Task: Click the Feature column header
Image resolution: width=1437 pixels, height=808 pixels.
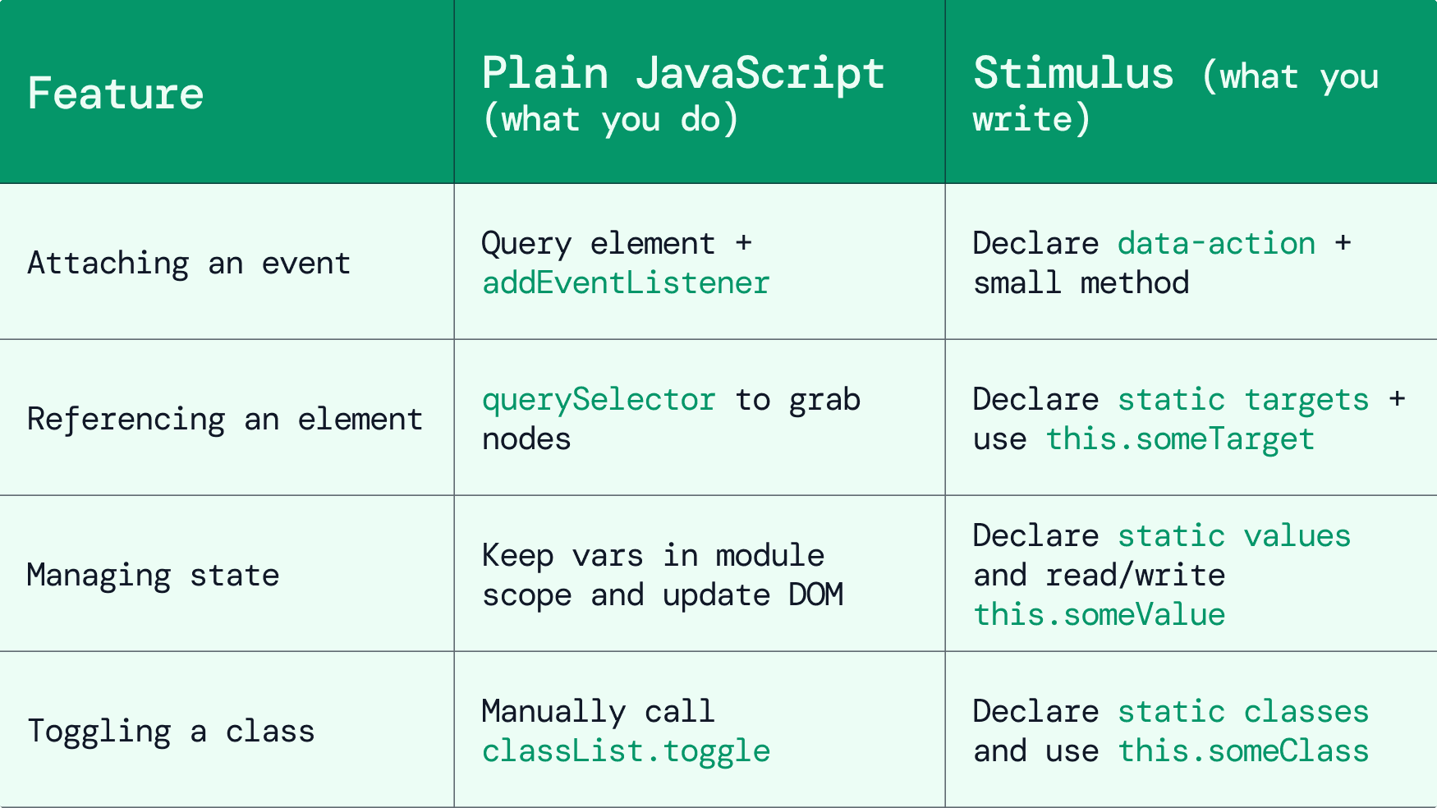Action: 115,93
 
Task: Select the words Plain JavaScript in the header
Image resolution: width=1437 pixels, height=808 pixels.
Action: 682,73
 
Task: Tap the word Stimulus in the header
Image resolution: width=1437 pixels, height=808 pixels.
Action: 1073,73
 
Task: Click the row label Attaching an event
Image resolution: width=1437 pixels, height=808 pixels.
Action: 189,264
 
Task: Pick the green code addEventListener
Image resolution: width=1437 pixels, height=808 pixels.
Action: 626,283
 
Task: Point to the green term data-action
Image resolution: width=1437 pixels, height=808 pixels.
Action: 1216,244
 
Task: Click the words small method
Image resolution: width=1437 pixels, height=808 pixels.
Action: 1081,283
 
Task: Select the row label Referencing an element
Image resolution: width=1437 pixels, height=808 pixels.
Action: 224,420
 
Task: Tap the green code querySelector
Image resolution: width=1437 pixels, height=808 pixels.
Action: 599,400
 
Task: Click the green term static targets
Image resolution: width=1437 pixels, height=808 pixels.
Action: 1243,400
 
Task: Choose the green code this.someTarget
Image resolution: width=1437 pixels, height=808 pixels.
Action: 1180,439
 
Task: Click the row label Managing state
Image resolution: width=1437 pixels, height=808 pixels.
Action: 153,576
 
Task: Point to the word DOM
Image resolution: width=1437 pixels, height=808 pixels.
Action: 815,595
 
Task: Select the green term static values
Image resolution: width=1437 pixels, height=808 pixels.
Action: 1234,536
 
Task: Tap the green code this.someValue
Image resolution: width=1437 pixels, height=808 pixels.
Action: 1099,615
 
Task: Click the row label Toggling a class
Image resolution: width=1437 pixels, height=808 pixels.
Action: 171,732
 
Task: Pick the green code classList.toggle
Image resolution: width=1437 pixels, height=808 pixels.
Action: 626,751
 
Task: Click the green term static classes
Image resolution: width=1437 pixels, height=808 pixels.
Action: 1243,712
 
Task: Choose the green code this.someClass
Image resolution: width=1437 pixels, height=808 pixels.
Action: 1243,751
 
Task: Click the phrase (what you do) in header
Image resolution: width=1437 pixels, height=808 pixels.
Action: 610,120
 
